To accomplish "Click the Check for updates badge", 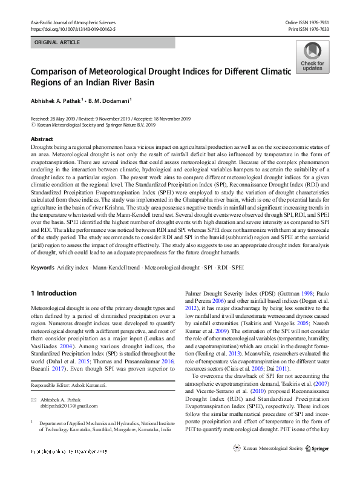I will pos(312,57).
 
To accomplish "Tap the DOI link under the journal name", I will pos(73,29).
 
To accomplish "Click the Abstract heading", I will pos(42,139).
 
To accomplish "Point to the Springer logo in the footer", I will pos(316,465).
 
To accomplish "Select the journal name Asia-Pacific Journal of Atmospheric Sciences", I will pos(73,22).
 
